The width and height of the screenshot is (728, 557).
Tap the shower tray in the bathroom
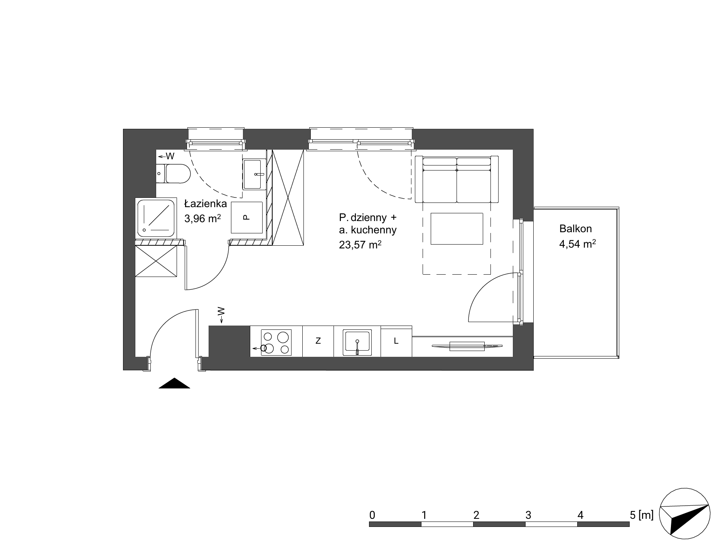(156, 218)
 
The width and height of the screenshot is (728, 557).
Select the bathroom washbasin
(254, 174)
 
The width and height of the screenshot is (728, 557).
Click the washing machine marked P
(247, 218)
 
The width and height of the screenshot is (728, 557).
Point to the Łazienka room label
(205, 204)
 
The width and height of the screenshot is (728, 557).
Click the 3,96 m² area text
(203, 219)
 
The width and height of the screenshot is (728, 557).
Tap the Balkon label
(575, 229)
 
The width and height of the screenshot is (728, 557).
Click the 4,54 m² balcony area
(578, 244)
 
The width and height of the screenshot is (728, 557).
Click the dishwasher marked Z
(318, 341)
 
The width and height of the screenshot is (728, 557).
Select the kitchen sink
(358, 342)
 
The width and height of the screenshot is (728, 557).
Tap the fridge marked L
(396, 341)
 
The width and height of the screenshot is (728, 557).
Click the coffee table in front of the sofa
(457, 228)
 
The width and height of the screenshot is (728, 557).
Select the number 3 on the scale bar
(528, 515)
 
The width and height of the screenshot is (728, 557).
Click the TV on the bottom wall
(467, 346)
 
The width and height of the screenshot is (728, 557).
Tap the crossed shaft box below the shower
(156, 261)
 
